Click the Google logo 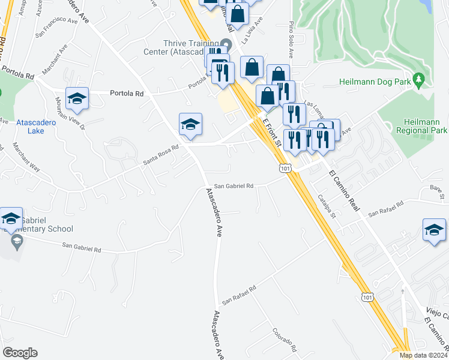click(x=20, y=353)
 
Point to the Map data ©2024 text click(x=423, y=355)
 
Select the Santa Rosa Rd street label click(x=161, y=155)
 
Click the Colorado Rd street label click(x=285, y=340)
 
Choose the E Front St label click(x=273, y=132)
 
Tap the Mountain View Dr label click(x=70, y=113)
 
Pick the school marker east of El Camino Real click(x=435, y=230)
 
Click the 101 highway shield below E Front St click(x=286, y=169)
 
